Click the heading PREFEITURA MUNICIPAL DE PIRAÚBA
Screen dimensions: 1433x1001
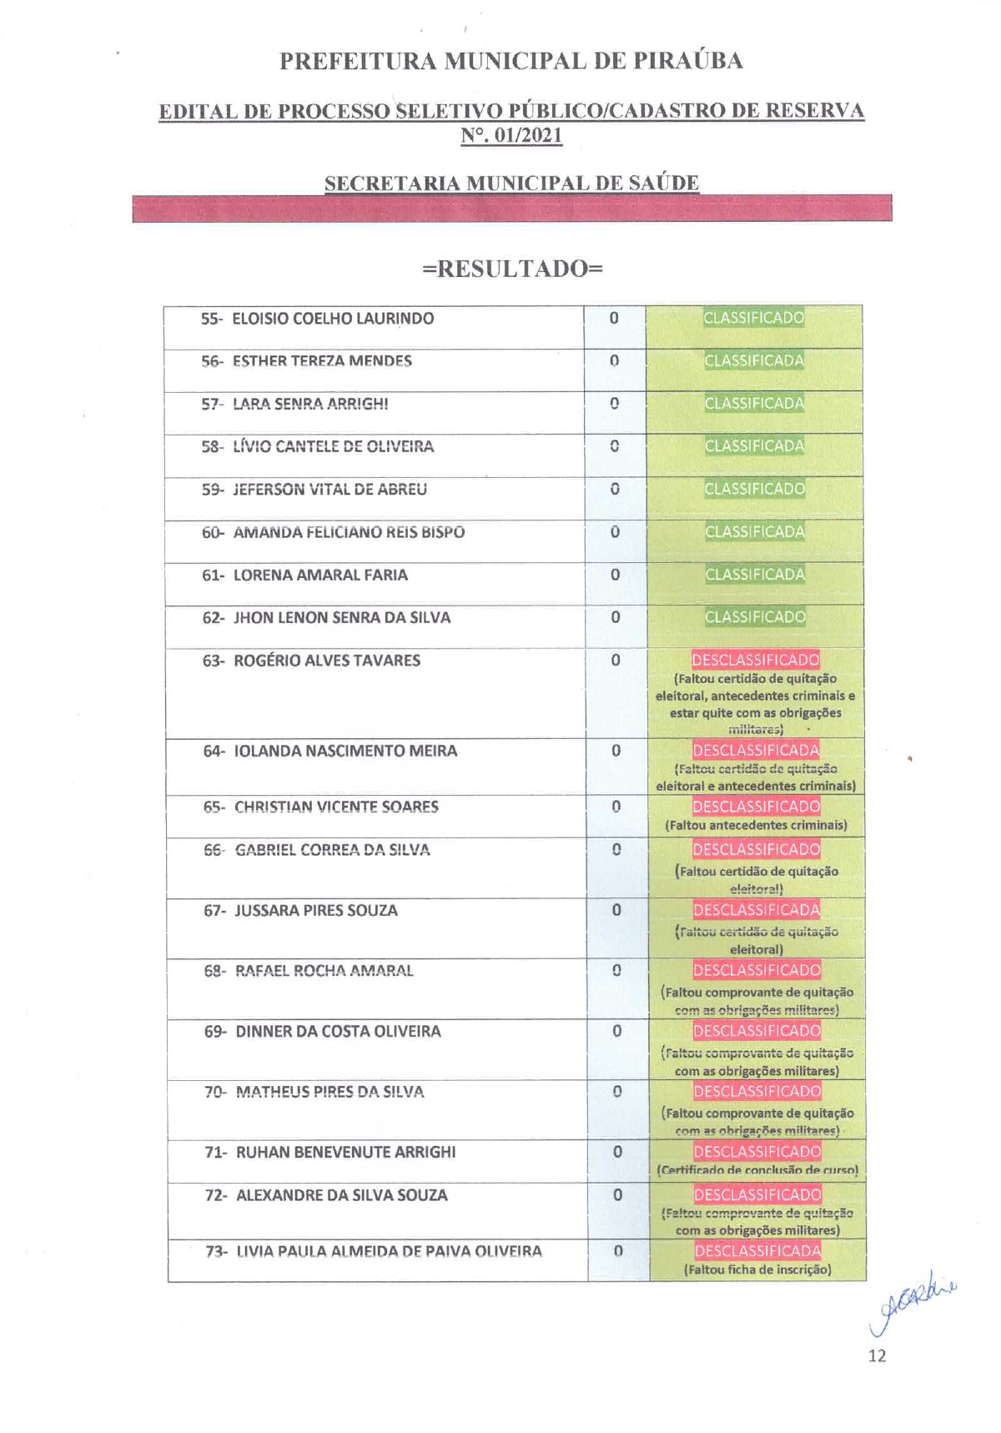pos(511,61)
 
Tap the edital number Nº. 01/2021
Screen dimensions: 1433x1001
pos(511,135)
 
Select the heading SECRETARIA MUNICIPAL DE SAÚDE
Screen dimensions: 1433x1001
pos(511,183)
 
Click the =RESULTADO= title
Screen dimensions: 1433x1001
pos(512,269)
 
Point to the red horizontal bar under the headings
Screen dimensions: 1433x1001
pos(511,209)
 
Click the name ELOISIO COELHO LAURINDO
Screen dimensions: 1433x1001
pos(332,319)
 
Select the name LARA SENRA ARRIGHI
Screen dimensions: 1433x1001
pos(309,404)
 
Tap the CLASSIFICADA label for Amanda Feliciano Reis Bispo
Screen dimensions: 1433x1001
pos(755,531)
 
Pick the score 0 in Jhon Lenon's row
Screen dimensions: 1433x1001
pos(616,617)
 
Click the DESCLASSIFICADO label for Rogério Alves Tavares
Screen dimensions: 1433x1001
pos(756,660)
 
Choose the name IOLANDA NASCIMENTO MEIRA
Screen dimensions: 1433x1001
pos(345,751)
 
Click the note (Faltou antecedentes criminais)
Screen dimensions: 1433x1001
pos(756,825)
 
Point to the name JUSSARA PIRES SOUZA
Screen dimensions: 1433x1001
pos(315,910)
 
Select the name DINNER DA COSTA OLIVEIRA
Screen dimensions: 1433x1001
pos(338,1031)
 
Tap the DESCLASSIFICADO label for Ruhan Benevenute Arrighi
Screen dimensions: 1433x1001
pos(757,1152)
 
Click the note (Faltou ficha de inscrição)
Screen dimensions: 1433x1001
pos(757,1270)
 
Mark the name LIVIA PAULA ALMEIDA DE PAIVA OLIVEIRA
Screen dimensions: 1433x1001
pos(389,1251)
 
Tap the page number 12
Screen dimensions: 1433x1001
pos(877,1355)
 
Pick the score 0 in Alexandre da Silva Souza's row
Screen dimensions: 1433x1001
pos(618,1195)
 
